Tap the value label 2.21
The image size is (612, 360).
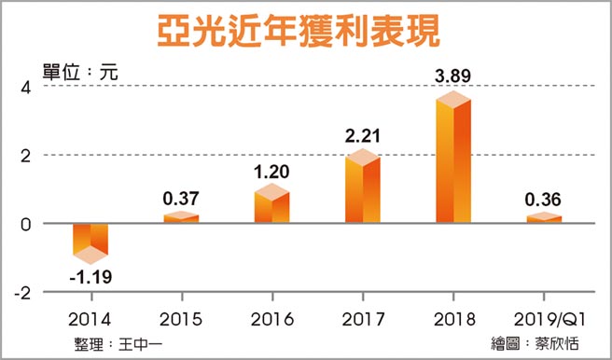[x=363, y=135]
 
